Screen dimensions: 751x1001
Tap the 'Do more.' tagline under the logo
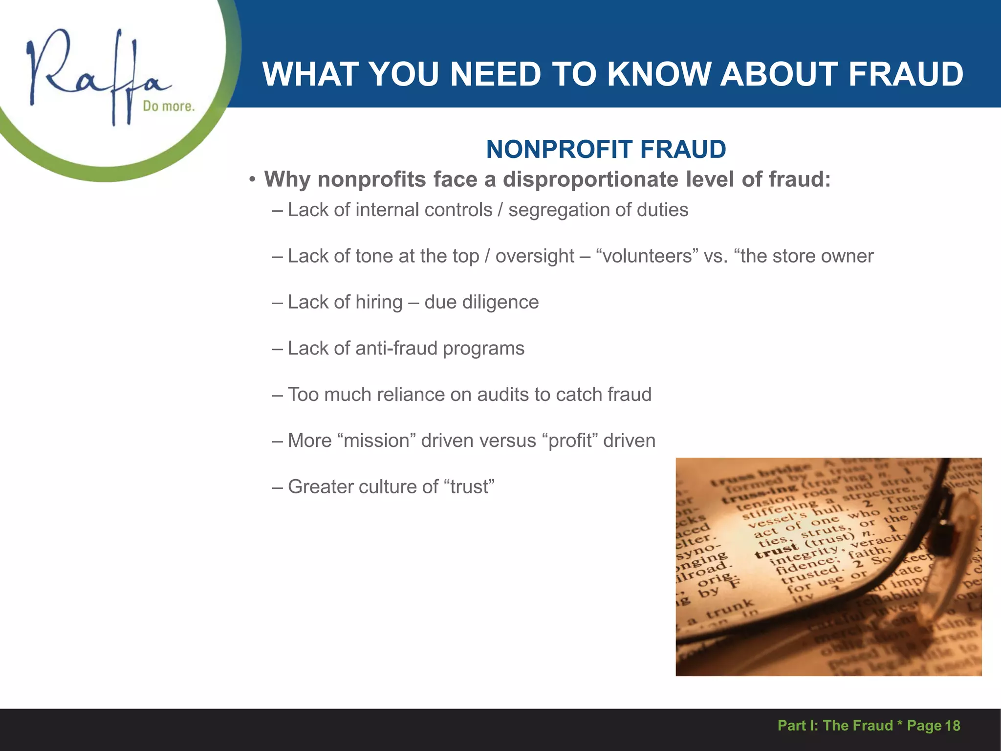(168, 106)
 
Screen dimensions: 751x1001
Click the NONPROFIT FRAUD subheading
(606, 149)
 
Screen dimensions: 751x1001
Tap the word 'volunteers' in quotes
(648, 256)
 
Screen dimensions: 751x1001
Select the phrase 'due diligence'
(481, 302)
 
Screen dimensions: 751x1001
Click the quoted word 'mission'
(376, 441)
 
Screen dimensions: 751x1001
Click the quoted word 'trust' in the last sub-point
(469, 487)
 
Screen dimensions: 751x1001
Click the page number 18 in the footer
(952, 726)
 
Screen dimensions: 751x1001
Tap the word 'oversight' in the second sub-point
(535, 256)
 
